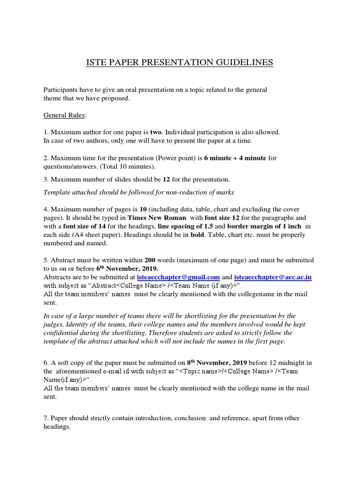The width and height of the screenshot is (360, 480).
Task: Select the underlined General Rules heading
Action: (x=61, y=115)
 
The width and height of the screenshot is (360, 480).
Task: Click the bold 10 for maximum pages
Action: (x=143, y=209)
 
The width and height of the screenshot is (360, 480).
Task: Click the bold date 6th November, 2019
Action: (x=127, y=269)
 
